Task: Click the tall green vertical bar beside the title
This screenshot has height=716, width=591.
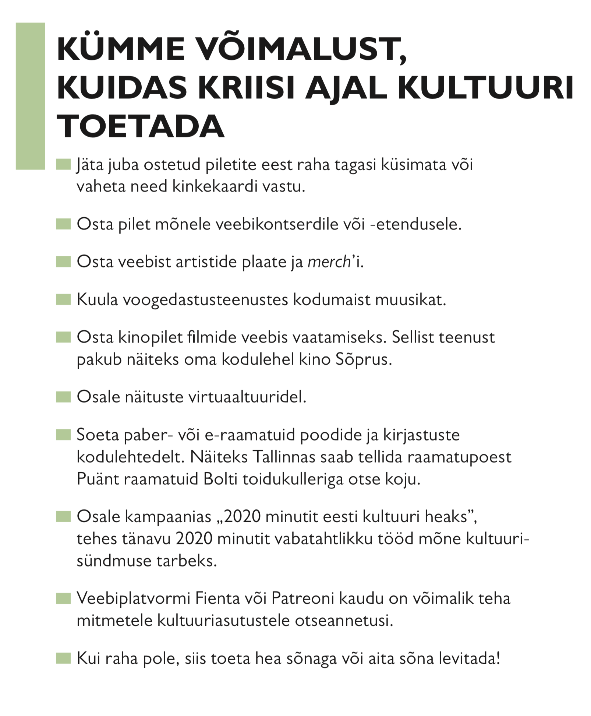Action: point(30,96)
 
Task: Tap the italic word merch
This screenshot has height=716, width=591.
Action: point(329,262)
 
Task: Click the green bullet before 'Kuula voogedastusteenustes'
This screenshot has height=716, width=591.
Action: point(63,299)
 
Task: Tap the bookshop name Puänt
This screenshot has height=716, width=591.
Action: point(98,479)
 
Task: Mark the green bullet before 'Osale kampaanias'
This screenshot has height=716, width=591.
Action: point(63,516)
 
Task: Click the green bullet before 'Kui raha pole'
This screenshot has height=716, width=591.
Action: point(63,658)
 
